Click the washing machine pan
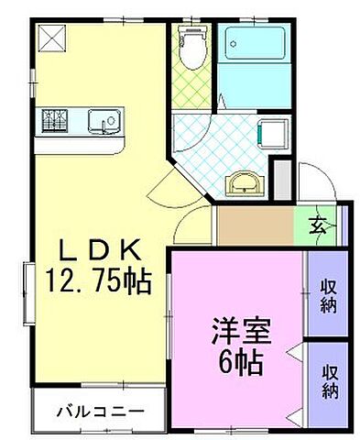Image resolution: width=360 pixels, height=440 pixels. point(273,133)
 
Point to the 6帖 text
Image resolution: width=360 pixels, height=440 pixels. point(242,361)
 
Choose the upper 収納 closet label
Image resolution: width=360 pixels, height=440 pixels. point(327,294)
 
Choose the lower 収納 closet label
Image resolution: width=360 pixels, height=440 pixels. point(327,380)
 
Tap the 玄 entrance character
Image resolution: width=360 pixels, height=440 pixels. point(314,223)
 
